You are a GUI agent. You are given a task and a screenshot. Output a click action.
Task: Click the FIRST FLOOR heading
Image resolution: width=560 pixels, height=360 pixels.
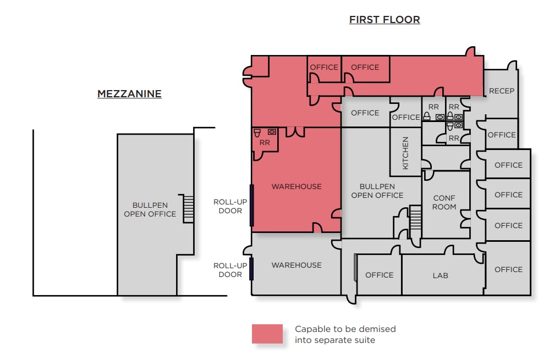point(385,20)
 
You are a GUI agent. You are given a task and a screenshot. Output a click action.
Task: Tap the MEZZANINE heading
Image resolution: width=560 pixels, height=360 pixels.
point(129,94)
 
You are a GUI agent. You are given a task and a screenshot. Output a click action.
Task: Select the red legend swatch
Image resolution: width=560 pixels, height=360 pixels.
point(267,334)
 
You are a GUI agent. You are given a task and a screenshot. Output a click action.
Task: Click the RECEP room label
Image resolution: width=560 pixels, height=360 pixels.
point(501,91)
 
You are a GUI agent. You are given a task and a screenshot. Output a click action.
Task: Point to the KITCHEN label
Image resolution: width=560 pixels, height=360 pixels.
point(405,153)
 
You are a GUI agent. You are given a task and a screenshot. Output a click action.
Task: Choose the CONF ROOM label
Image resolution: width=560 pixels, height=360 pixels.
point(444,202)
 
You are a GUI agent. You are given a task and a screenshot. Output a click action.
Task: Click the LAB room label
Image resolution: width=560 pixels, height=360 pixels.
point(440,275)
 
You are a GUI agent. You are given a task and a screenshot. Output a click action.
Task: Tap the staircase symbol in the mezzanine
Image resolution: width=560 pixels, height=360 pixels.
point(189,209)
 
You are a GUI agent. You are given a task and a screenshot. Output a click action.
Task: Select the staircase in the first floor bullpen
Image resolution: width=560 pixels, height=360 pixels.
point(416,217)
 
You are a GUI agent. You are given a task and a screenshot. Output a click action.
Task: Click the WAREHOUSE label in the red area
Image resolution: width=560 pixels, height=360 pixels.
point(297,186)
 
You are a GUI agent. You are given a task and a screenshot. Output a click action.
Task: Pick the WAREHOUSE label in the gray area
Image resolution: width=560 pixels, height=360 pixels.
point(297,265)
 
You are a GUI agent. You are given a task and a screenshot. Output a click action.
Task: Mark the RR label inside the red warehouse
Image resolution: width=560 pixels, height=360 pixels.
point(265,142)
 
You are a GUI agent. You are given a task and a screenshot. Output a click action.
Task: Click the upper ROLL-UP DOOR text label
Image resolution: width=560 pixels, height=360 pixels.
point(230,206)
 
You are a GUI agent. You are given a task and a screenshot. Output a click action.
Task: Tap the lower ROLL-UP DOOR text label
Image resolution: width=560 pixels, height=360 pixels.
point(230,270)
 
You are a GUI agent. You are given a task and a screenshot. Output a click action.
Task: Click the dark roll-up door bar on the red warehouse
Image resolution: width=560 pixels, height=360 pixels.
point(252,205)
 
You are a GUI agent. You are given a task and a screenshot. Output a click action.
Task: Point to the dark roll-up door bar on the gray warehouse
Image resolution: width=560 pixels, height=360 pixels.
point(251,269)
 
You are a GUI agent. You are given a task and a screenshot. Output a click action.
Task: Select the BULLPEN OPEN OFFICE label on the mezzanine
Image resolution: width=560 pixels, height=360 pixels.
point(150,209)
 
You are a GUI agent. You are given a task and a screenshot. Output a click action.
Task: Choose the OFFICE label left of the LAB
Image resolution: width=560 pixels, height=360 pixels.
point(380,275)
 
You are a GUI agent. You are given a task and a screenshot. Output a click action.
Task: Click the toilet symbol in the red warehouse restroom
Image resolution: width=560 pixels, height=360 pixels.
point(257,132)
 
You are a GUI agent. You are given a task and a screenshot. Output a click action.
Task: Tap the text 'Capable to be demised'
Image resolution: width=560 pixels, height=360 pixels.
point(345,329)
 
